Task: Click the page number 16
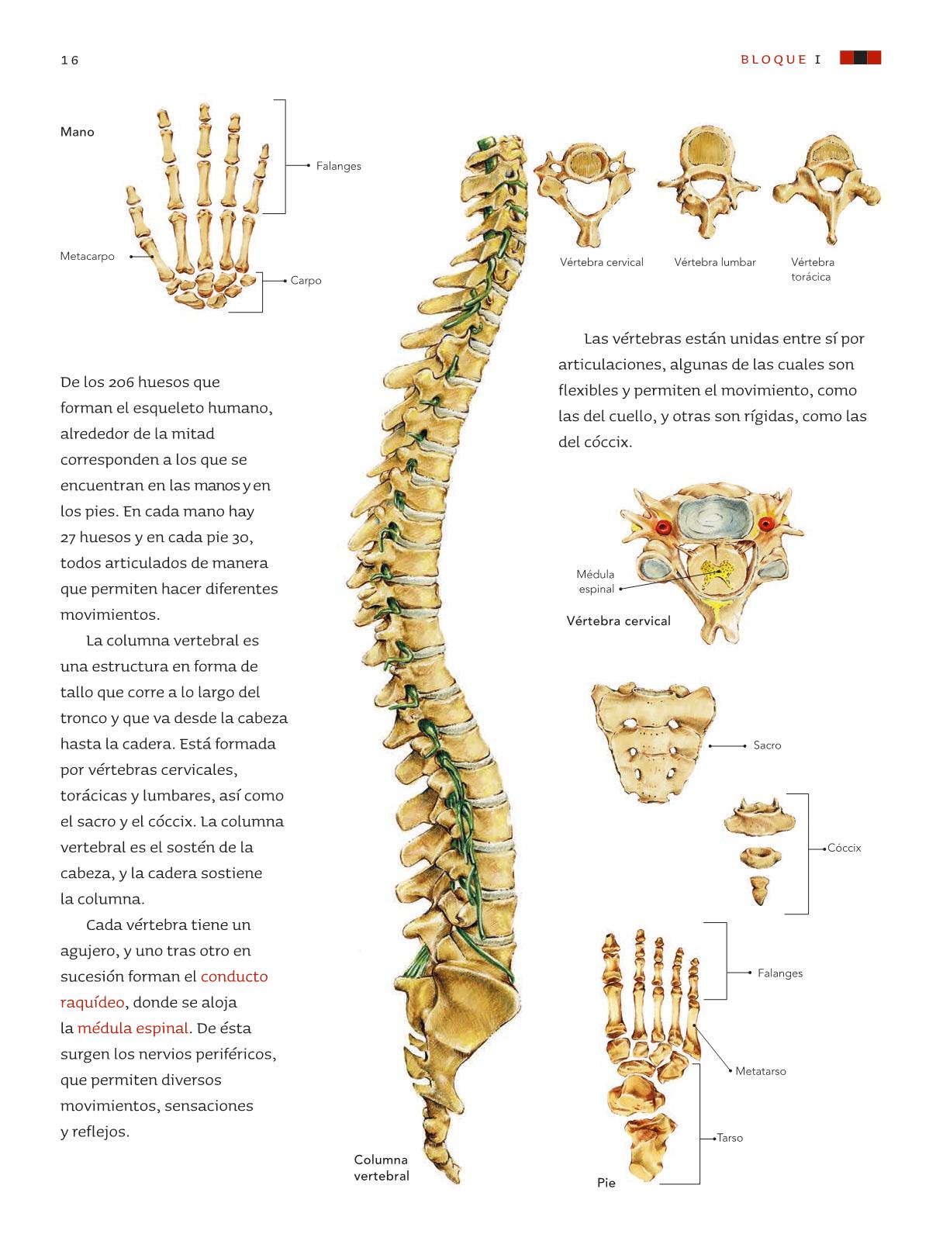click(70, 60)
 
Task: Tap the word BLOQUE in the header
click(773, 60)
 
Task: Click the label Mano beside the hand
click(78, 132)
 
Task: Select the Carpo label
click(306, 281)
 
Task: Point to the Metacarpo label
click(87, 256)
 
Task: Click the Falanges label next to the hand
click(338, 166)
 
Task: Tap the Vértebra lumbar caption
click(715, 262)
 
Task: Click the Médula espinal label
click(596, 581)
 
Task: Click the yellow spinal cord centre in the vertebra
click(717, 572)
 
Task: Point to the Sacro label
click(767, 745)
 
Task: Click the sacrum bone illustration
click(654, 741)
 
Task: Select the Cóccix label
click(844, 848)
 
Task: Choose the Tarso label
click(730, 1138)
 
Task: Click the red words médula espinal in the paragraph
click(133, 1028)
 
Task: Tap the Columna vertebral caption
click(382, 1167)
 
